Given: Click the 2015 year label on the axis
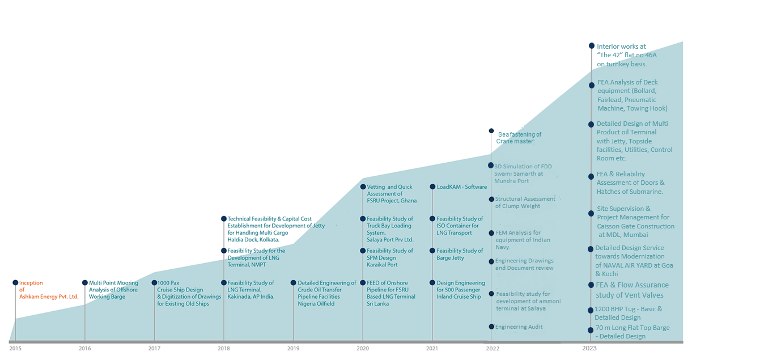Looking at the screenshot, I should pos(15,348).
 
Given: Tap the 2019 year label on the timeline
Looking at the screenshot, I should pos(293,348).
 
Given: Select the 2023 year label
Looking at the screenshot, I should pos(589,348).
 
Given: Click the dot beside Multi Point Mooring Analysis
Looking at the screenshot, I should pos(85,282).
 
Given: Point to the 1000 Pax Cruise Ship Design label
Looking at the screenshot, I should pos(189,293).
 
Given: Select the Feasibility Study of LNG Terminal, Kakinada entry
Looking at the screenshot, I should pos(251,290).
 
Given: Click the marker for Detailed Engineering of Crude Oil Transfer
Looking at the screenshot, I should pos(293,282).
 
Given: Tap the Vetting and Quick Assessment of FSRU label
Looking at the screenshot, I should pos(392,194).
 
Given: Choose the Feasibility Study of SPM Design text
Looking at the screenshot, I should pos(390,257).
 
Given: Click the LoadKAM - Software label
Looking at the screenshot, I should pos(461,187).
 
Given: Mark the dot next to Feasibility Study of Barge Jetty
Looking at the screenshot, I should pos(432,251).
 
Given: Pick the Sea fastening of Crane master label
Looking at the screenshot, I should pos(519,138).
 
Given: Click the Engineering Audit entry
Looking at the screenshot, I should pos(519,327).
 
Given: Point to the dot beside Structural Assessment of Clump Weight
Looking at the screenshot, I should pos(491,199).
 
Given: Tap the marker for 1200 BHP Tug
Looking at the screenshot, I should pos(591,310).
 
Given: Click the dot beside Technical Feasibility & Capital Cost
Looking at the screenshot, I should pos(224,219).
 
